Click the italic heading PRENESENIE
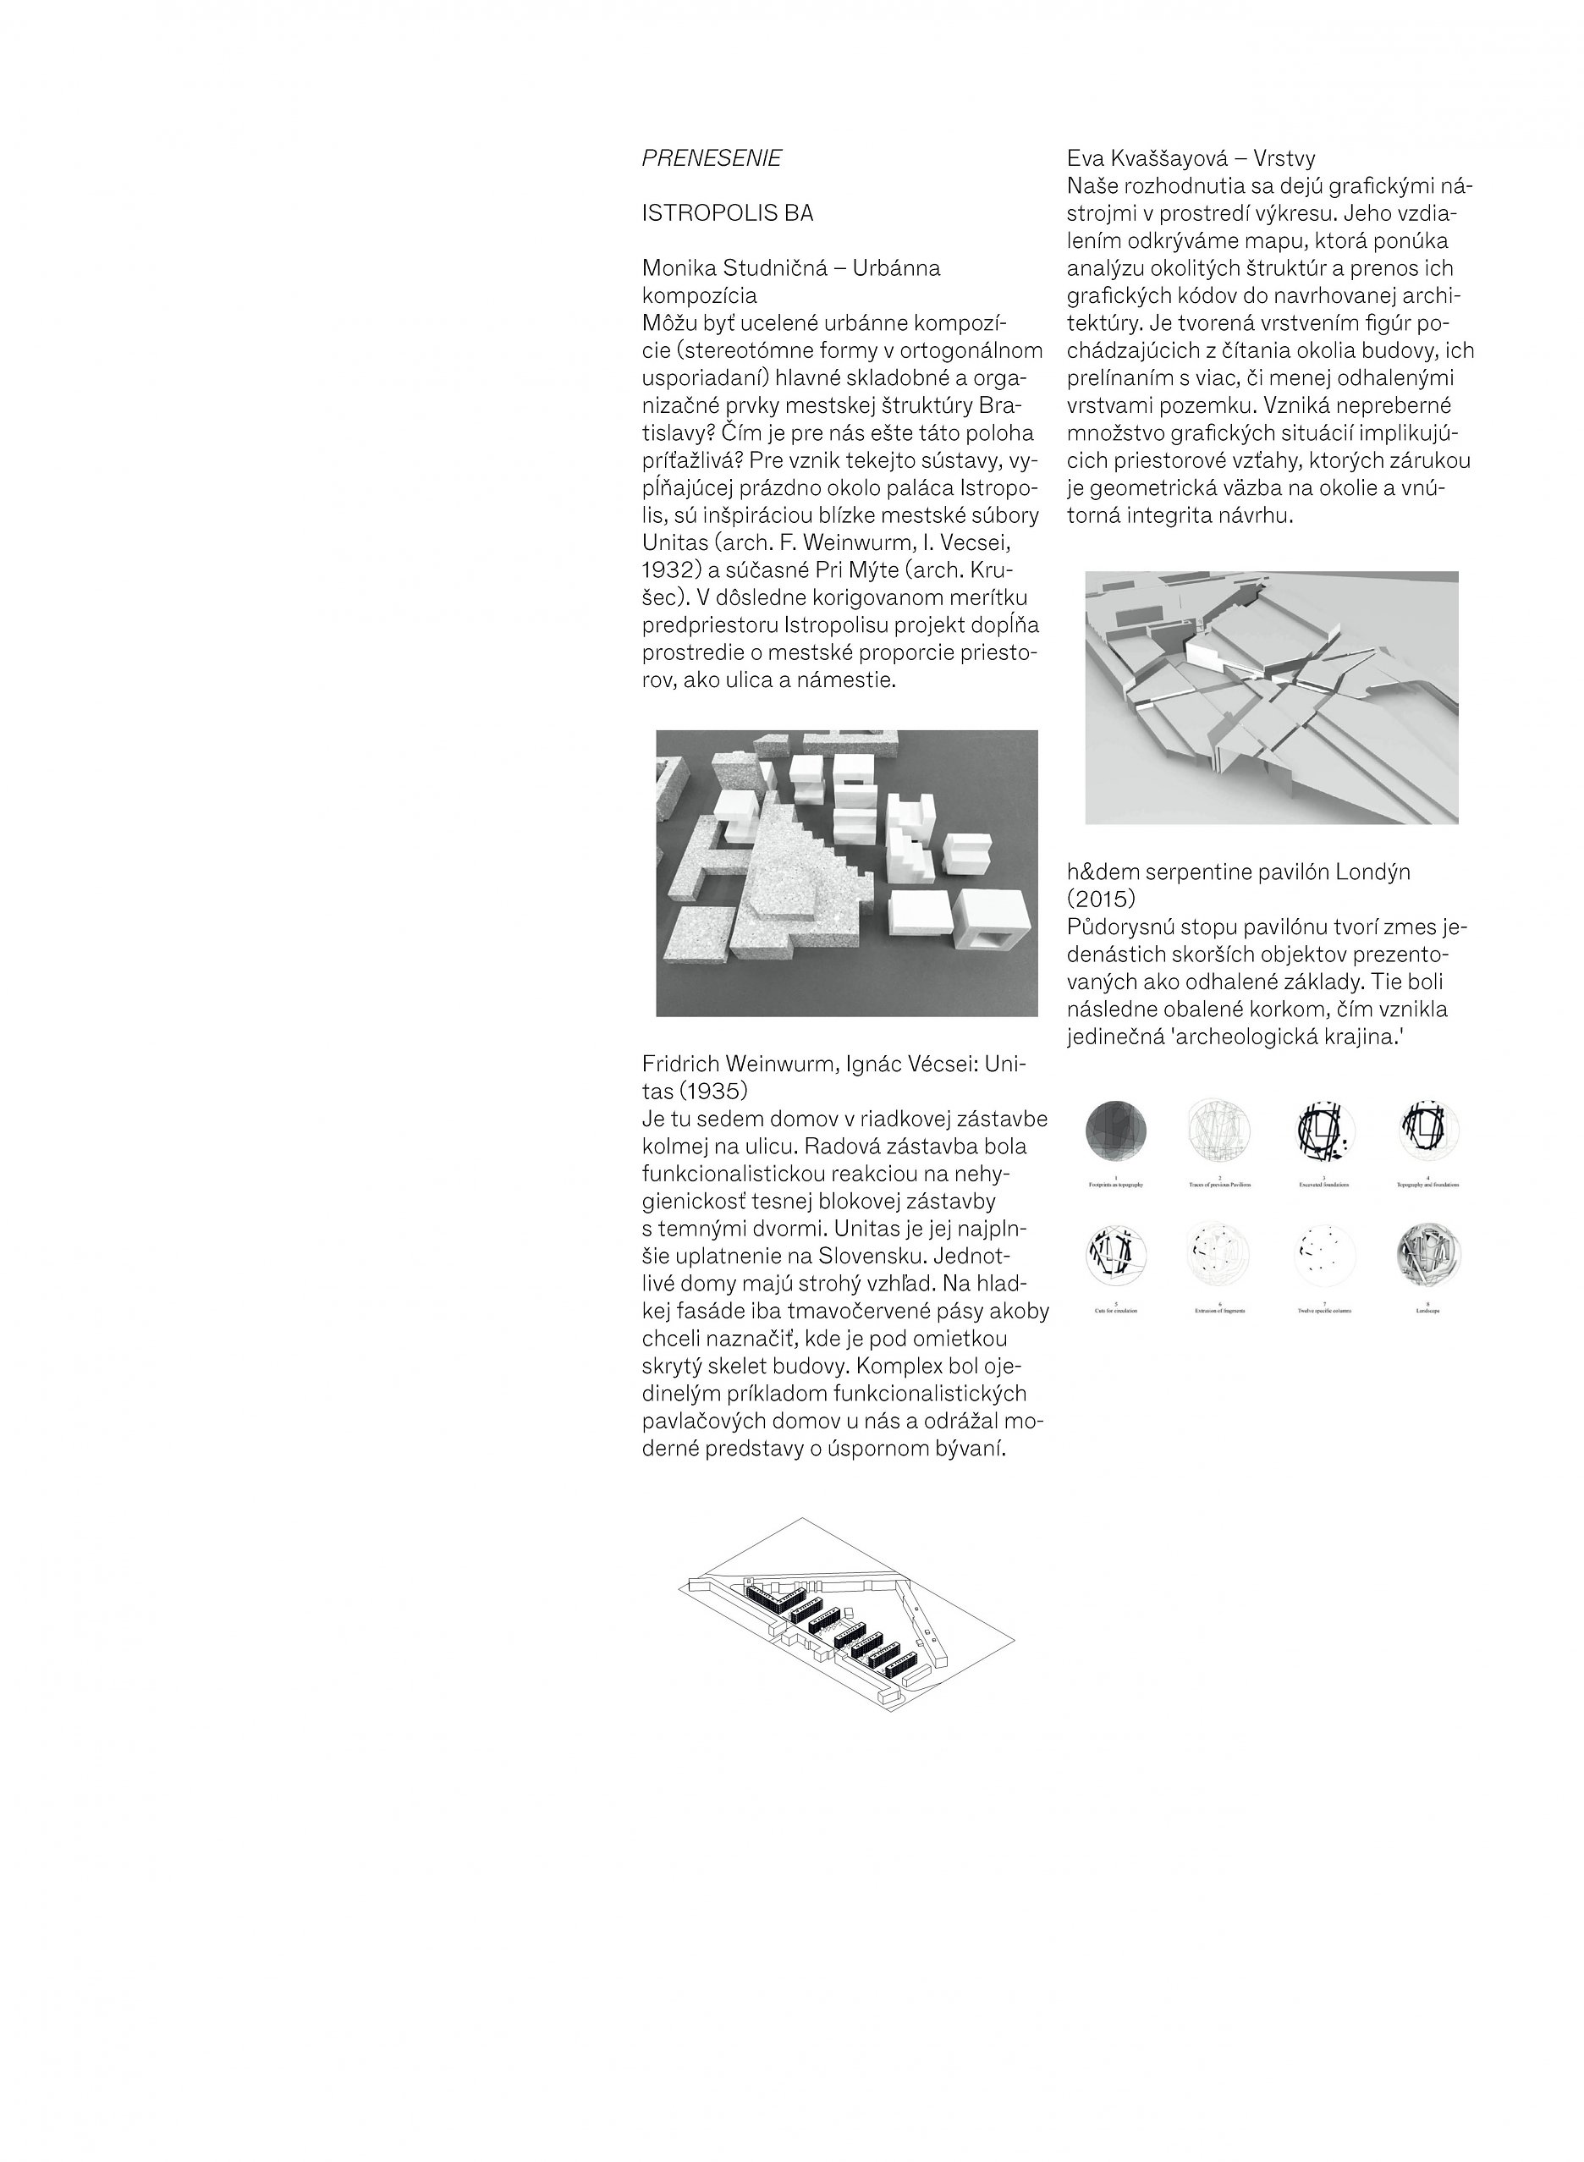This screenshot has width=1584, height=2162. pos(712,159)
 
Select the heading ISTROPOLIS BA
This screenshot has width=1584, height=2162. pos(727,214)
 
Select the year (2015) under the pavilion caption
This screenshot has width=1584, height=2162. pos(1101,899)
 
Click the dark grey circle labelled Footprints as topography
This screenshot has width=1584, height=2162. pos(1115,1129)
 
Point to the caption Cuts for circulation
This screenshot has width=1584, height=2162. pos(1115,1310)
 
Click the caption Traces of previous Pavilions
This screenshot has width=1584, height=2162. pos(1218,1185)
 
